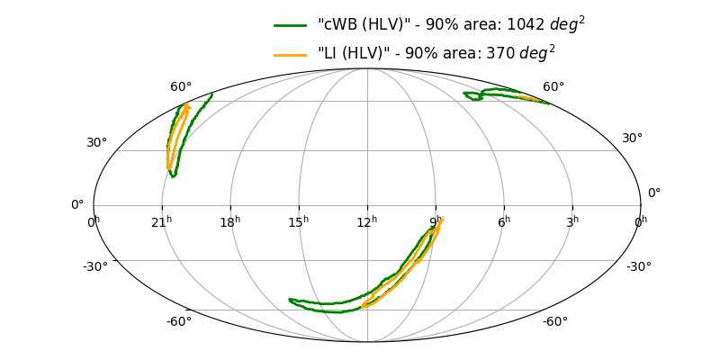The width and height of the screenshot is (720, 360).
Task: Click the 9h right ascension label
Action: click(436, 220)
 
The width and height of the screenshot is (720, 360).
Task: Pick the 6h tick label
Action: click(504, 220)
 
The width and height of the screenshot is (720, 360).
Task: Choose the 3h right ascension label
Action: click(572, 220)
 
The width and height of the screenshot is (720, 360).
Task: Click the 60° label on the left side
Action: click(181, 87)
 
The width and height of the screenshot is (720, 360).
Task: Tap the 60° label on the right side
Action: click(553, 87)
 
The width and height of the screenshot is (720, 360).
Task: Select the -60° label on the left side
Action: click(178, 322)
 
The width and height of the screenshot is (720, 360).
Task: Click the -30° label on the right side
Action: click(639, 266)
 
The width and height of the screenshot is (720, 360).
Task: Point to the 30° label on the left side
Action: click(96, 143)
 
